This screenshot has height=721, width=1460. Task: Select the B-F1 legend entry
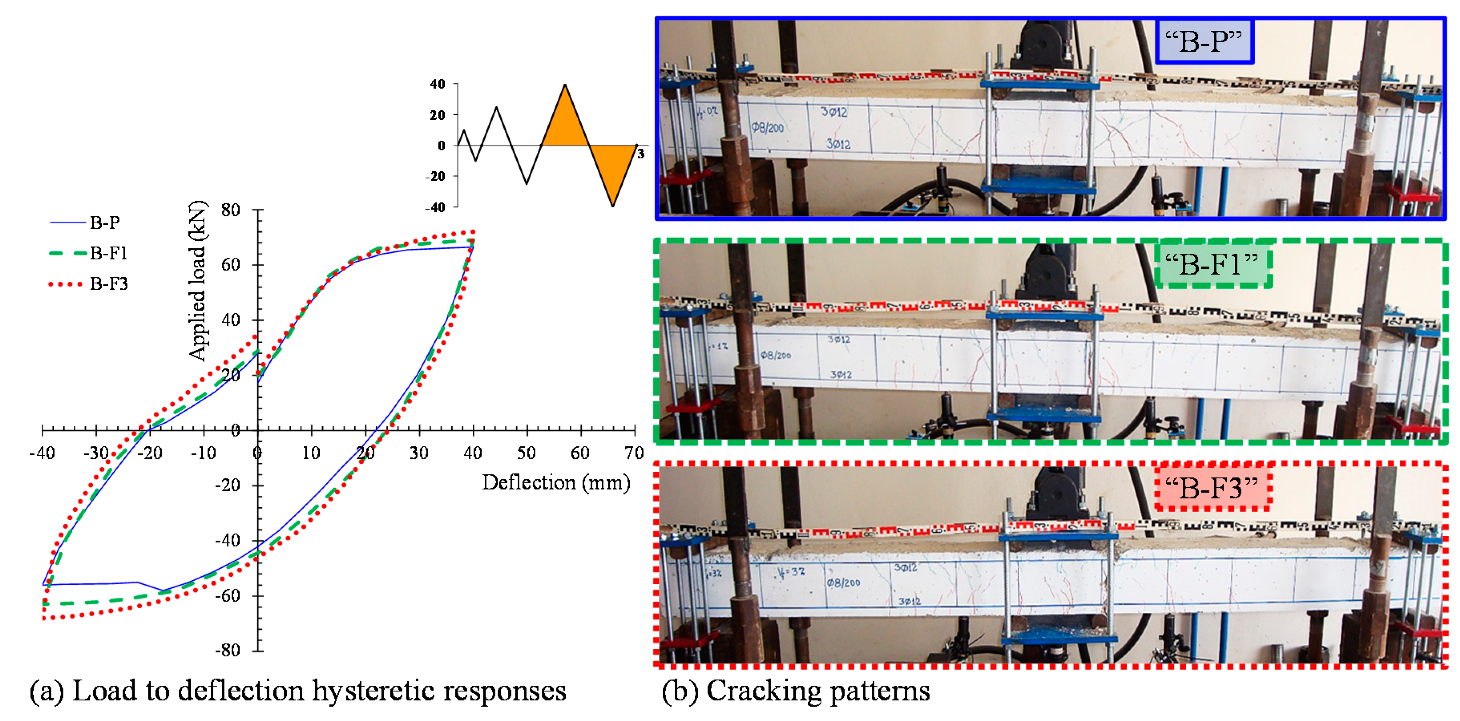(x=108, y=253)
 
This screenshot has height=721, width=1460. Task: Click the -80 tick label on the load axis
(x=228, y=650)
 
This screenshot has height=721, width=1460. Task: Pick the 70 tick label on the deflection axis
(x=634, y=453)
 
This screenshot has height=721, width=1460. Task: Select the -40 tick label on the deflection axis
(x=42, y=453)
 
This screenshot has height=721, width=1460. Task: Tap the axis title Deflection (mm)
(x=555, y=483)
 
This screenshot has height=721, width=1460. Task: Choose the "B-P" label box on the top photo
(x=1204, y=41)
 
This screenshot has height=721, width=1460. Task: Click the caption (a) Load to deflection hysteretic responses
(x=298, y=691)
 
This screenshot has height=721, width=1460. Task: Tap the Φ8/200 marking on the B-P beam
(x=767, y=127)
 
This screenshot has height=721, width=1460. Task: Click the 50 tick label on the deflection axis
(x=526, y=453)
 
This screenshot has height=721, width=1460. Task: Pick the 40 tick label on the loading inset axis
(x=438, y=85)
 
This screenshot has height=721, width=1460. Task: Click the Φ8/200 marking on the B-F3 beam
(x=843, y=582)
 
